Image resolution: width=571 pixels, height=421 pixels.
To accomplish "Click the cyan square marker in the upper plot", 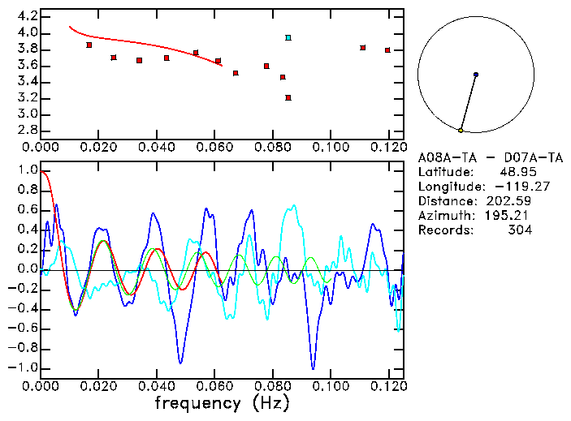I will click(288, 37).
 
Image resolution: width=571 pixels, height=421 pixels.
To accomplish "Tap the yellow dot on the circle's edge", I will click(461, 130).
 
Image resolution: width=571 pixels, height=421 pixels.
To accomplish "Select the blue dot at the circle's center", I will click(475, 74).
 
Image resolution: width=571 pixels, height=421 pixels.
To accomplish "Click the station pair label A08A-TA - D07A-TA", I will click(477, 157).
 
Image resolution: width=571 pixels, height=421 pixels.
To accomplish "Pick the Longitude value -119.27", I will click(509, 187).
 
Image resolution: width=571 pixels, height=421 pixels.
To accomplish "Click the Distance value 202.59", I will click(513, 201).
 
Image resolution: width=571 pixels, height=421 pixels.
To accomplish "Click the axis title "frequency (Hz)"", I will click(221, 403).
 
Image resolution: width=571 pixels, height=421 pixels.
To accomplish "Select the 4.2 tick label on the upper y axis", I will click(27, 16).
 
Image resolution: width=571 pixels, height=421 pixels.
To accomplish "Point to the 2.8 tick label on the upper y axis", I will click(27, 130).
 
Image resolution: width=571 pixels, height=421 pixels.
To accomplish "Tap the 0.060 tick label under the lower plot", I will click(214, 384).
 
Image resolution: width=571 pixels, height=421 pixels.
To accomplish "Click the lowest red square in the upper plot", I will click(288, 97).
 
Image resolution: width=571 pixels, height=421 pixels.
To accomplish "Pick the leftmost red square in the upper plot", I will click(89, 45).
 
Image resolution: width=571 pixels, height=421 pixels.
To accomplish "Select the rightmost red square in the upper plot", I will click(388, 49).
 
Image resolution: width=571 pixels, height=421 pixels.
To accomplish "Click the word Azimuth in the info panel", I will click(443, 216).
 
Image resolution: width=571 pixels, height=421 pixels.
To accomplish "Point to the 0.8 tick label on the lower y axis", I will click(27, 191).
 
